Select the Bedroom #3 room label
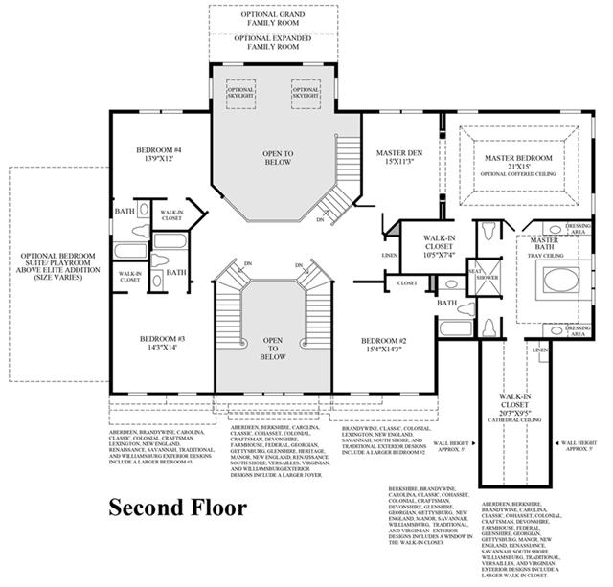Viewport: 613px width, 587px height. (161, 344)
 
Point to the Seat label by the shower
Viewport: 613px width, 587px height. (473, 271)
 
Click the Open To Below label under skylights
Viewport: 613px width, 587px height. (277, 158)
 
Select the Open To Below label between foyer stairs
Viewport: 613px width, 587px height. (274, 348)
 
